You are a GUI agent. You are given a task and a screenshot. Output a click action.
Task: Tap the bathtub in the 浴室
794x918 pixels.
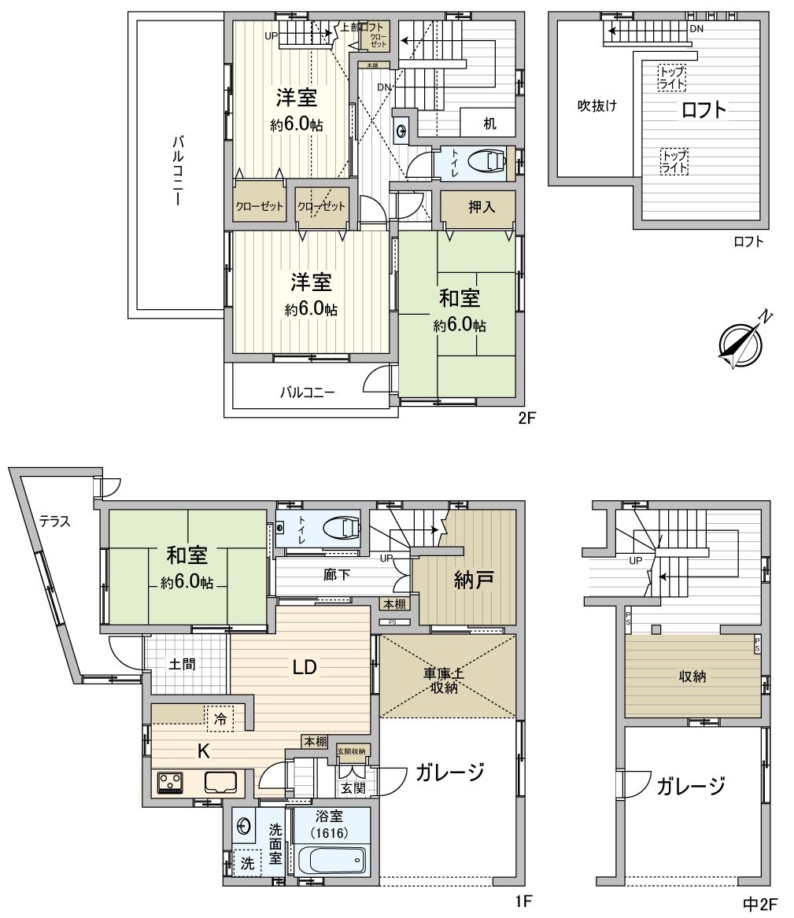coord(331,860)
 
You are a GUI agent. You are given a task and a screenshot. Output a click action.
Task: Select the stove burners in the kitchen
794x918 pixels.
coord(169,783)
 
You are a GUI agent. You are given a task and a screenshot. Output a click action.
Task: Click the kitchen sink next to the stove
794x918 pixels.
coord(221,783)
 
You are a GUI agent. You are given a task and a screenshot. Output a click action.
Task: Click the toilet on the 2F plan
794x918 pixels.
coord(487,161)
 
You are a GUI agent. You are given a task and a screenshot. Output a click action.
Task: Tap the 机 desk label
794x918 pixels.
coord(489,124)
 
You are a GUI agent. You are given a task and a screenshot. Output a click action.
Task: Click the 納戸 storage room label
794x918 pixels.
coord(475,581)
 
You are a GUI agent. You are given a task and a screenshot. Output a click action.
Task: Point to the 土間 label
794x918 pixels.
coord(183,663)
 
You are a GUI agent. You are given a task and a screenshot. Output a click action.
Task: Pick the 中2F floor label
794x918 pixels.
coord(759,904)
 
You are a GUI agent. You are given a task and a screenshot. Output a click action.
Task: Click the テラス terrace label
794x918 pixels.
coord(55,520)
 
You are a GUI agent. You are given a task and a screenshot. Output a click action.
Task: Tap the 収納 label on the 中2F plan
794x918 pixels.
coord(692,676)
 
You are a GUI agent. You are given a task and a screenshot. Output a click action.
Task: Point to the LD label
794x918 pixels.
coord(305,668)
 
